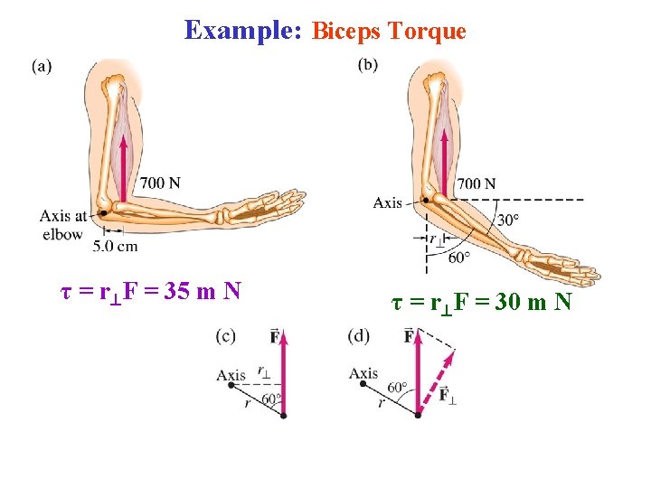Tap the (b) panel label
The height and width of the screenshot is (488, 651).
(x=368, y=64)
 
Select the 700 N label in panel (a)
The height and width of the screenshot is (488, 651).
(x=160, y=183)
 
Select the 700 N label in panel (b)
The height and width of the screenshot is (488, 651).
(x=476, y=183)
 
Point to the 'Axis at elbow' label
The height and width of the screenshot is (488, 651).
(x=62, y=225)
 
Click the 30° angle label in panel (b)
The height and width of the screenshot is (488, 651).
(x=509, y=220)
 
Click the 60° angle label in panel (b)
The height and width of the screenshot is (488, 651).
(x=459, y=258)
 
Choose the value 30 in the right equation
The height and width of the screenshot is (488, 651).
(x=508, y=302)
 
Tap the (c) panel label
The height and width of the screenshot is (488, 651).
(x=225, y=336)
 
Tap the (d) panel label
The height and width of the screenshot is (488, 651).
(x=358, y=336)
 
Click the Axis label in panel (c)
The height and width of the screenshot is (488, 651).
(x=231, y=375)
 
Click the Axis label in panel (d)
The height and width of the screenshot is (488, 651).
(x=363, y=373)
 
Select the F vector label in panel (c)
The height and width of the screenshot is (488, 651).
(x=274, y=337)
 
